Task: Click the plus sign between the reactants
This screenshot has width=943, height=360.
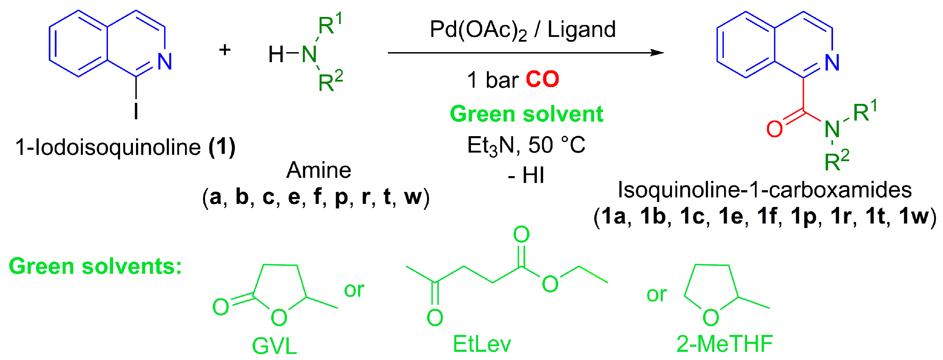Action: (x=225, y=50)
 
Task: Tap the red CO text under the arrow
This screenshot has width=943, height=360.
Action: (x=542, y=80)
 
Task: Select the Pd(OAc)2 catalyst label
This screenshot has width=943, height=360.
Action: (x=478, y=30)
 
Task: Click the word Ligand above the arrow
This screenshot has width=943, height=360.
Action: (x=581, y=30)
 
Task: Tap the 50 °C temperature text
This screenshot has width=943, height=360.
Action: (x=557, y=145)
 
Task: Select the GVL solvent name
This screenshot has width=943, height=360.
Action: (x=274, y=345)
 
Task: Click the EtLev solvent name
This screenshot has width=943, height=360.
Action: (x=482, y=344)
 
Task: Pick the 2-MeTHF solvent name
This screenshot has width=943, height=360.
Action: (x=724, y=344)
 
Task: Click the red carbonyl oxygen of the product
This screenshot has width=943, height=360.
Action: (x=774, y=129)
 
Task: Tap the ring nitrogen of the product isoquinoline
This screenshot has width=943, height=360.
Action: (x=832, y=62)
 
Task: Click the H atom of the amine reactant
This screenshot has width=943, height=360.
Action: (x=276, y=55)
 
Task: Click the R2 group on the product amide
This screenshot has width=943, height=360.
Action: (x=836, y=161)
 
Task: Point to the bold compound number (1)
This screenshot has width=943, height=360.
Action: (x=222, y=147)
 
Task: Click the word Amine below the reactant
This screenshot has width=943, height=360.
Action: (x=318, y=170)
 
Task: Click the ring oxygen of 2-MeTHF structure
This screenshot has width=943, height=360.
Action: (x=711, y=317)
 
